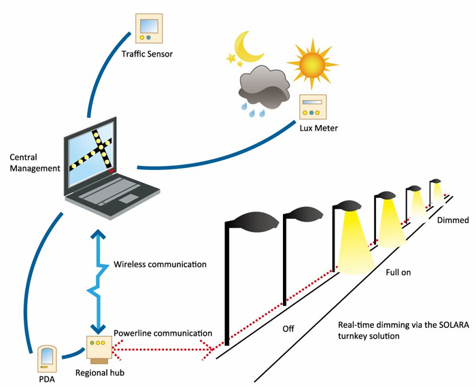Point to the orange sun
(312, 61)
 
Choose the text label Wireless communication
(159, 264)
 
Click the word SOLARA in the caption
(441, 324)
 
